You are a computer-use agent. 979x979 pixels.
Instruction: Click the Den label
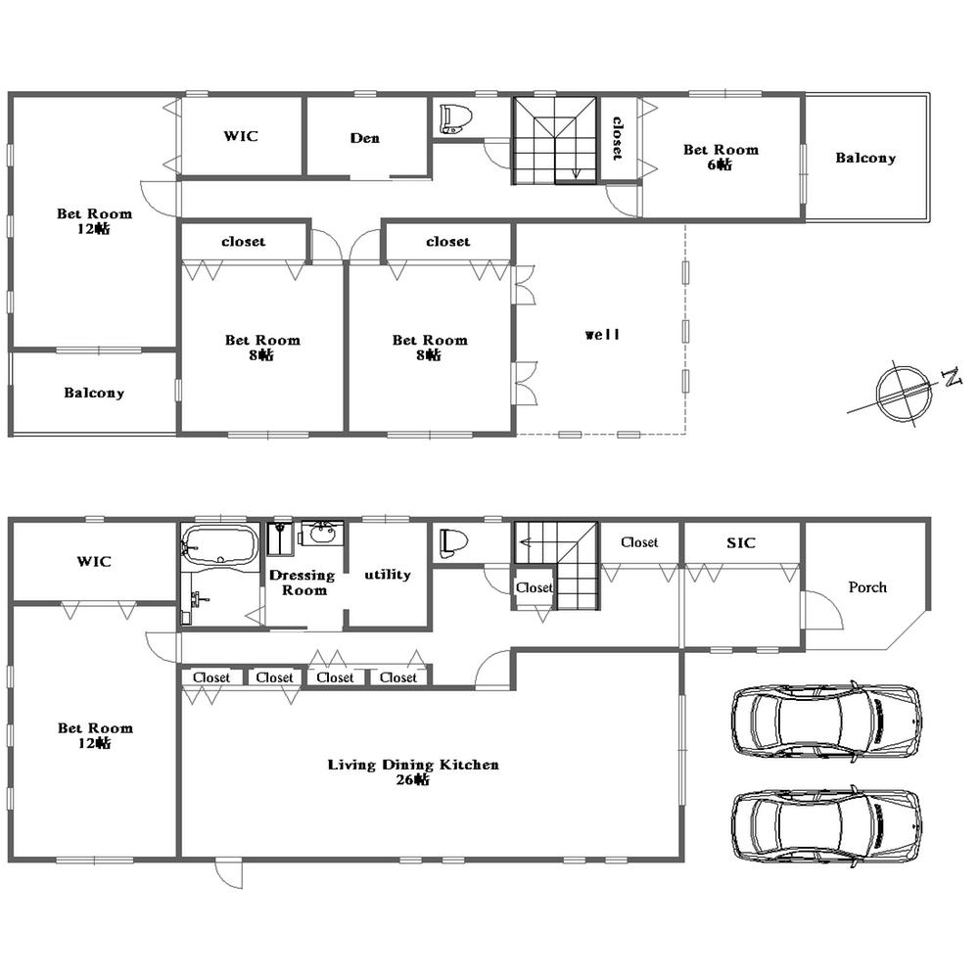point(365,138)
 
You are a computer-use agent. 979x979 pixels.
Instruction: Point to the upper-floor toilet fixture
point(455,118)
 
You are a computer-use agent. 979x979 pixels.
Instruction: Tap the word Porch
point(867,587)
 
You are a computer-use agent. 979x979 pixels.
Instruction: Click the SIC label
point(741,542)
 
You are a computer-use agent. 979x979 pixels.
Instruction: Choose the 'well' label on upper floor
point(603,335)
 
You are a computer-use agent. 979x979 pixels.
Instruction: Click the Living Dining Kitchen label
point(413,765)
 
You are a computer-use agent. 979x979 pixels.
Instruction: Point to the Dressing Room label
point(303,583)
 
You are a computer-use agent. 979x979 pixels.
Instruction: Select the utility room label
point(388,575)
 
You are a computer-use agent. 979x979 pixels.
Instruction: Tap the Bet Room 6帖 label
point(721,157)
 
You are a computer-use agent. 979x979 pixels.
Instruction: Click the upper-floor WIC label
point(241,136)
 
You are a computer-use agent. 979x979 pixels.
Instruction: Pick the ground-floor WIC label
point(94,562)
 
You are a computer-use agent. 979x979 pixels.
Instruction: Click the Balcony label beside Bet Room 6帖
point(865,158)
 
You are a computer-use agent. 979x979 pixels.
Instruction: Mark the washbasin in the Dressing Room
point(321,534)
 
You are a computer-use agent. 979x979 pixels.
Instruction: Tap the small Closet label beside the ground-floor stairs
point(535,588)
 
